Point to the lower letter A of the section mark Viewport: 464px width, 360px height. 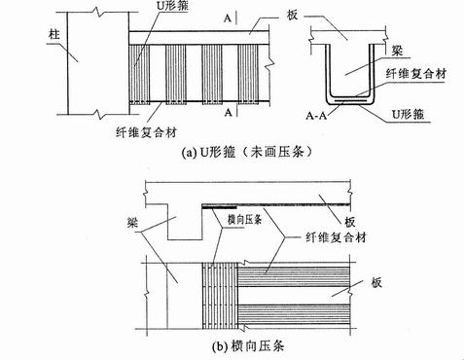[226, 114]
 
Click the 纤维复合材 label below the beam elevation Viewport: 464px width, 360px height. [149, 128]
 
